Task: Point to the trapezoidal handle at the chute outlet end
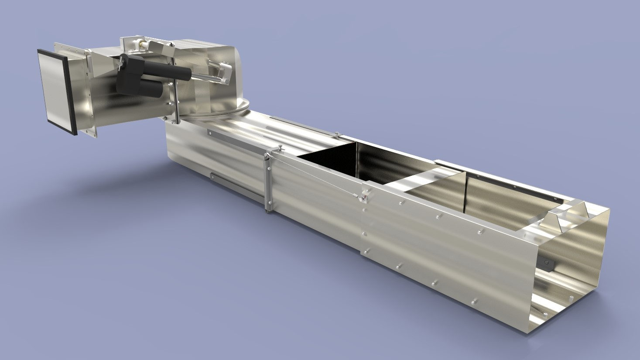567,214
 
